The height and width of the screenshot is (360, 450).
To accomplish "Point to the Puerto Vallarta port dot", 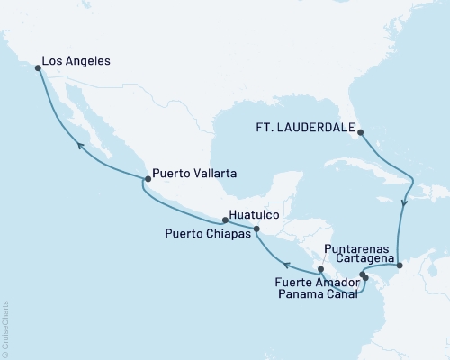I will pyautogui.click(x=146, y=179).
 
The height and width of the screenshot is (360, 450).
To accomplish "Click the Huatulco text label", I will pyautogui.click(x=257, y=216).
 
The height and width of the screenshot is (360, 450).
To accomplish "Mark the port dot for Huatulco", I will pyautogui.click(x=224, y=220).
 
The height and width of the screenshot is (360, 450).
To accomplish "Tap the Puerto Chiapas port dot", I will pyautogui.click(x=256, y=229).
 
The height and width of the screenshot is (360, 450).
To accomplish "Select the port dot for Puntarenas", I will pyautogui.click(x=320, y=268).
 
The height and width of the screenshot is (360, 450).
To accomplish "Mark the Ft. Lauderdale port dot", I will pyautogui.click(x=361, y=133).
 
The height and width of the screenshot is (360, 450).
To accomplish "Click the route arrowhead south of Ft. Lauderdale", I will pyautogui.click(x=404, y=203).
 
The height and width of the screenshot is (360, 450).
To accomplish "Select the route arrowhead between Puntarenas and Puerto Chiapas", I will pyautogui.click(x=286, y=265).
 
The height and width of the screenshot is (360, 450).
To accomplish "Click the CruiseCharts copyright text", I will pyautogui.click(x=5, y=328).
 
